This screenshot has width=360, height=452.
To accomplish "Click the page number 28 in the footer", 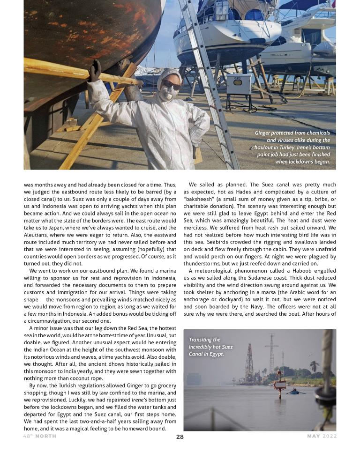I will (x=180, y=437).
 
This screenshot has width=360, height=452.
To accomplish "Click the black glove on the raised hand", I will (x=96, y=71).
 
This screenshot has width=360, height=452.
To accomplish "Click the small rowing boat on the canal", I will (x=294, y=391).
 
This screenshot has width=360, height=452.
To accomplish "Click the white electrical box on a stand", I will (x=239, y=84).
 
